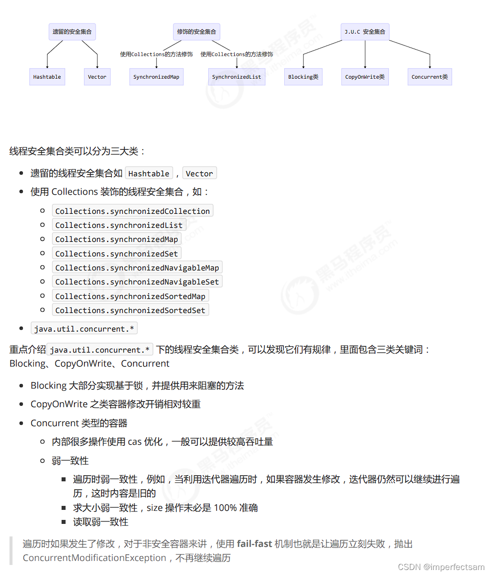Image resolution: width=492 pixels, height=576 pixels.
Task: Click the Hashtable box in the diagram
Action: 47,77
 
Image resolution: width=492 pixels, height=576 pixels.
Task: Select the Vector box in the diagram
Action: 97,77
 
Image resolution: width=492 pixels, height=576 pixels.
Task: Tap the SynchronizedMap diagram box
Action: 156,77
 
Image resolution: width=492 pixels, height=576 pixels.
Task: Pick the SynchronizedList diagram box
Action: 237,77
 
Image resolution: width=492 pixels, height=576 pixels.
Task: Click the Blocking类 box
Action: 303,77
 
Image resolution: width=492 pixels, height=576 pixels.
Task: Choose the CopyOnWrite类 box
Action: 365,77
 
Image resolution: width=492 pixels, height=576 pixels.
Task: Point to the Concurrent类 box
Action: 429,77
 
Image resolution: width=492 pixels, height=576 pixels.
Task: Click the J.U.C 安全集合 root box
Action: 365,32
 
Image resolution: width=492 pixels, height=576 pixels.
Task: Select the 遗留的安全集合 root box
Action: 72,32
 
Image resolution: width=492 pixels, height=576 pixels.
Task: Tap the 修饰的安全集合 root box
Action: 196,32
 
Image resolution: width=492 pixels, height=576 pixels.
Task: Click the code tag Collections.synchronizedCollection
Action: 133,211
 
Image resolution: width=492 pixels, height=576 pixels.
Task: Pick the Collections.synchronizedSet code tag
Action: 117,253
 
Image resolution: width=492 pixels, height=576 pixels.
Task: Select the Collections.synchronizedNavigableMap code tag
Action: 137,267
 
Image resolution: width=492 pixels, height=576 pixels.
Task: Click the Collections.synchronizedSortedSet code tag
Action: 130,310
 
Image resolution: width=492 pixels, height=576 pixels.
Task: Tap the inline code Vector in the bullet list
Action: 199,173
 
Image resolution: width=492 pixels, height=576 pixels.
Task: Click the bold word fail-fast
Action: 254,543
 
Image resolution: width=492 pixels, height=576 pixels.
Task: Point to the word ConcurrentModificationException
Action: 94,557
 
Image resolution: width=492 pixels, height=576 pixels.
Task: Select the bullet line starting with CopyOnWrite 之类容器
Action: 116,404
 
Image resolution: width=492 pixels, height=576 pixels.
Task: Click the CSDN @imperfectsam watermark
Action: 441,567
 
